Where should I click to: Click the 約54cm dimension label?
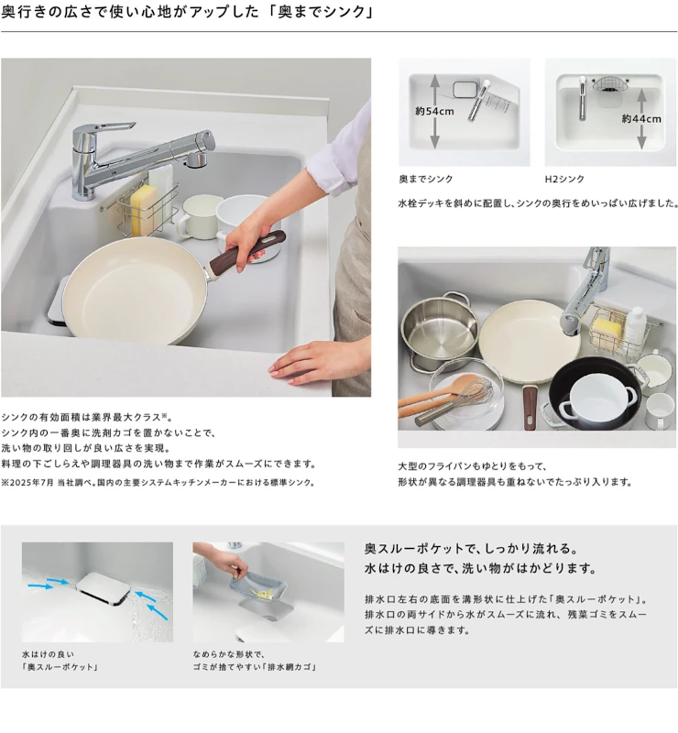434,111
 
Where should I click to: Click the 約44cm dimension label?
641,119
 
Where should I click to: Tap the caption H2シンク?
564,179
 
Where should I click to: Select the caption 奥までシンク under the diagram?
425,179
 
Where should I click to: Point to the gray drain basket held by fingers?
257,585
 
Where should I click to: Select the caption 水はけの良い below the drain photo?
48,654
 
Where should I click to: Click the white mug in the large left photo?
197,216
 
